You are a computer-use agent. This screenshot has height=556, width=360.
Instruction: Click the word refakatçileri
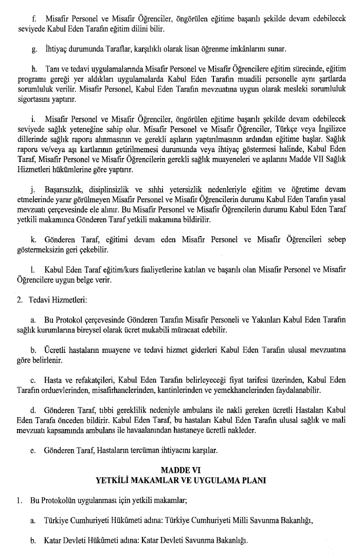click(x=87, y=380)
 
